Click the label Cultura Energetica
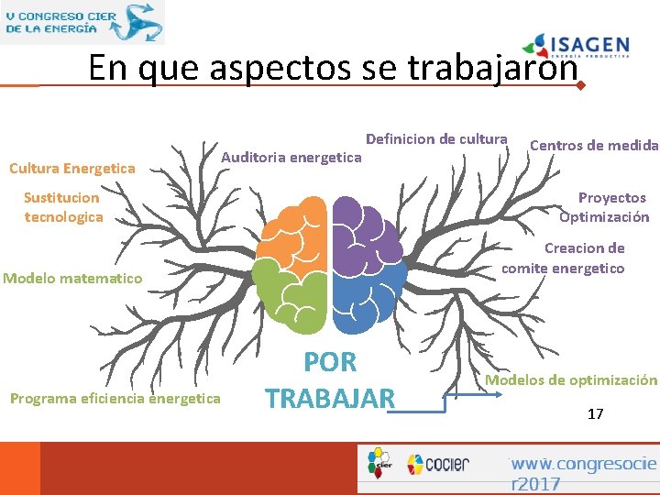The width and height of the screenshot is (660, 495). [x=71, y=168]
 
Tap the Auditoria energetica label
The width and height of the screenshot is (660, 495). [x=291, y=158]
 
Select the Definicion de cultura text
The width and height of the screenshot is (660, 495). [x=436, y=139]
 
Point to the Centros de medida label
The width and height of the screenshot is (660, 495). [x=594, y=145]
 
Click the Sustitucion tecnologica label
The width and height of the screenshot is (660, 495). [x=62, y=207]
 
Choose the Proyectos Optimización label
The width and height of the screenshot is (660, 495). [x=605, y=207]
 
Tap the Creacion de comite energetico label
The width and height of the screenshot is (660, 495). [x=564, y=258]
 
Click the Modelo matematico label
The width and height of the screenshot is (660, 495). [x=73, y=278]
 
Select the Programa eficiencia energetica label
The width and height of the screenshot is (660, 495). [x=115, y=398]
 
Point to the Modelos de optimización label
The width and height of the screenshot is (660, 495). [x=571, y=379]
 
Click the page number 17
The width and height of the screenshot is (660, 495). [x=596, y=414]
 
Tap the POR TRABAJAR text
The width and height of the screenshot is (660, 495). [x=330, y=380]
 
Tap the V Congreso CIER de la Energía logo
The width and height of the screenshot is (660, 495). [x=82, y=22]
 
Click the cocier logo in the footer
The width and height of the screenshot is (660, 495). [x=437, y=464]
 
